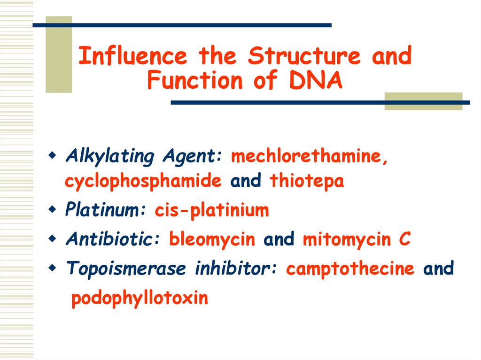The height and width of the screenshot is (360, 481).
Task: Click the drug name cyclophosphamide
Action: [x=143, y=181]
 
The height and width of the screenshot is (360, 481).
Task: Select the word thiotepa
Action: [x=307, y=181]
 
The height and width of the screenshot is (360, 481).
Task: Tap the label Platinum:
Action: [x=106, y=210]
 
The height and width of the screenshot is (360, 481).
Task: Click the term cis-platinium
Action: [x=211, y=210]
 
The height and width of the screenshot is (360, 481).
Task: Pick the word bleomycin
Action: [x=212, y=239]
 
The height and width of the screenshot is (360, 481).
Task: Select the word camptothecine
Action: [x=350, y=269]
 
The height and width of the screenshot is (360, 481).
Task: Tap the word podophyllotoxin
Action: [x=139, y=298]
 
